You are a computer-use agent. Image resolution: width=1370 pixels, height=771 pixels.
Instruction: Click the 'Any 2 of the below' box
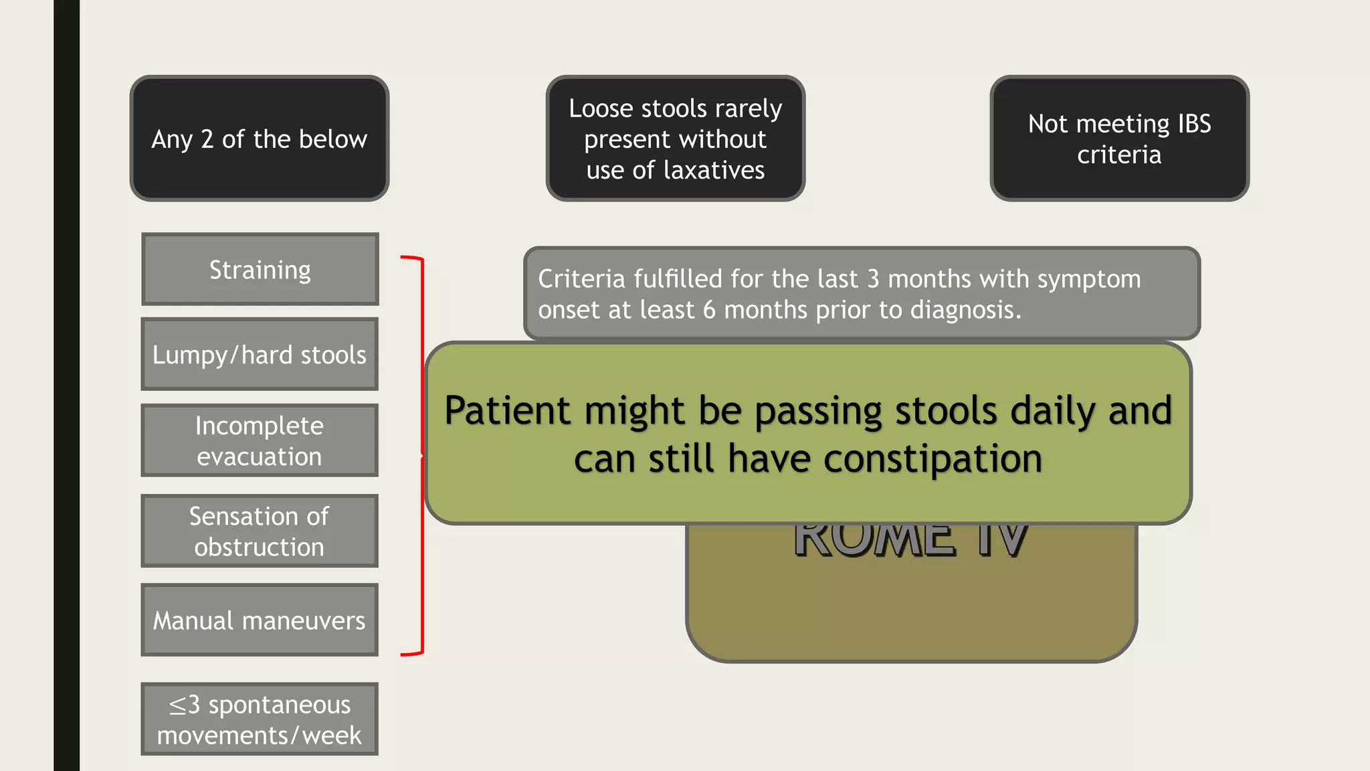pyautogui.click(x=260, y=139)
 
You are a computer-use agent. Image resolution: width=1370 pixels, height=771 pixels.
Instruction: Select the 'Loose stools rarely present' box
pyautogui.click(x=675, y=139)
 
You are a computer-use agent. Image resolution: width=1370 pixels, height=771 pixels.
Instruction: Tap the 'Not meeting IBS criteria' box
pyautogui.click(x=1119, y=139)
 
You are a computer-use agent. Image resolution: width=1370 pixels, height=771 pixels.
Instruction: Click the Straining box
pyautogui.click(x=260, y=269)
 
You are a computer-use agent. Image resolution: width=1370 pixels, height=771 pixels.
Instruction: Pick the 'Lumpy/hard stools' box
pyautogui.click(x=260, y=354)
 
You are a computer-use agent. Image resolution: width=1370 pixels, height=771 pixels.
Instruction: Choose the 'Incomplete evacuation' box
pyautogui.click(x=260, y=440)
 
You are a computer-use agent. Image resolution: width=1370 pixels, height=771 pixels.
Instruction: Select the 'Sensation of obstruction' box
pyautogui.click(x=260, y=531)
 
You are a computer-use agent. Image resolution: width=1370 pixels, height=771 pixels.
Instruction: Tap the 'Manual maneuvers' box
pyautogui.click(x=260, y=620)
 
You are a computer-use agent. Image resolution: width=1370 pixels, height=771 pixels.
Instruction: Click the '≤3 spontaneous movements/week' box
pyautogui.click(x=260, y=719)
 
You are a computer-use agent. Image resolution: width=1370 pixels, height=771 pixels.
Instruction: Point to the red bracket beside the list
pyautogui.click(x=421, y=455)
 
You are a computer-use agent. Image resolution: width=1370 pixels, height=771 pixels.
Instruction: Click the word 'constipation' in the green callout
pyautogui.click(x=933, y=459)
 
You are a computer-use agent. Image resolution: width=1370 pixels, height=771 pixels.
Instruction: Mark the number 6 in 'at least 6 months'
pyautogui.click(x=709, y=310)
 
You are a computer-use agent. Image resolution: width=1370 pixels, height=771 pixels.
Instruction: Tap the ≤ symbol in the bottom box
pyautogui.click(x=177, y=705)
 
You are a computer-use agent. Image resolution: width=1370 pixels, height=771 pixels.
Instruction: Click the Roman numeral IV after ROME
pyautogui.click(x=1001, y=541)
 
